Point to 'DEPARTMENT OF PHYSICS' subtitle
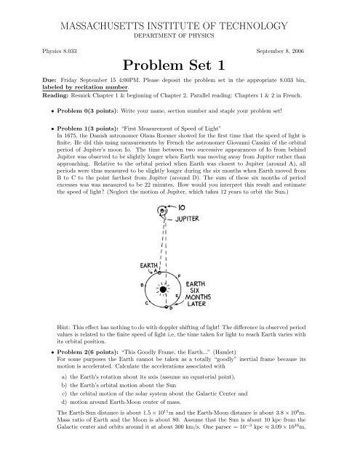(x=180, y=34)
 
